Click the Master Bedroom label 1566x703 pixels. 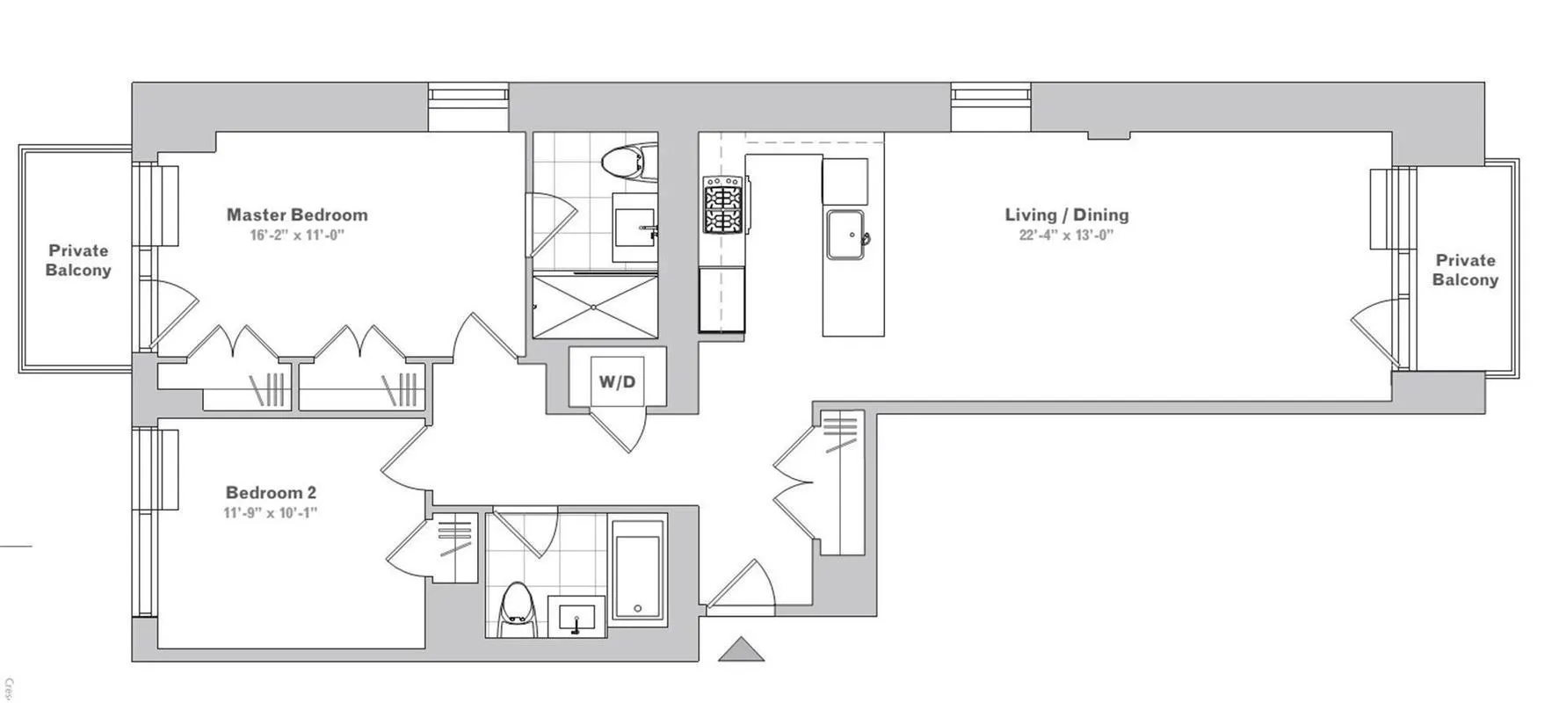pos(297,214)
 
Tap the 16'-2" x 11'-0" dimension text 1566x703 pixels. pos(297,236)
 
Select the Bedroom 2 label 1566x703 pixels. pos(271,493)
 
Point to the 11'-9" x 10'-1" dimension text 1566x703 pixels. pos(271,513)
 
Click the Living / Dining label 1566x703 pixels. pos(1067,214)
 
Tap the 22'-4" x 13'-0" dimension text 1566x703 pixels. pos(1067,236)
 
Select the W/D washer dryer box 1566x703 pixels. pos(617,382)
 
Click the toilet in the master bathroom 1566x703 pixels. pos(627,163)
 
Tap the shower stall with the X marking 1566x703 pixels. pos(595,306)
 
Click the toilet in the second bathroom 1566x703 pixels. pos(517,608)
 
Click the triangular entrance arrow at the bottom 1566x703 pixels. pos(741,649)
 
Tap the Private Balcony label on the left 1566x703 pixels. pos(78,261)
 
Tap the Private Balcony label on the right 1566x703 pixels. pos(1465,270)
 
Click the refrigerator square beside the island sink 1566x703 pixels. pos(845,181)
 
